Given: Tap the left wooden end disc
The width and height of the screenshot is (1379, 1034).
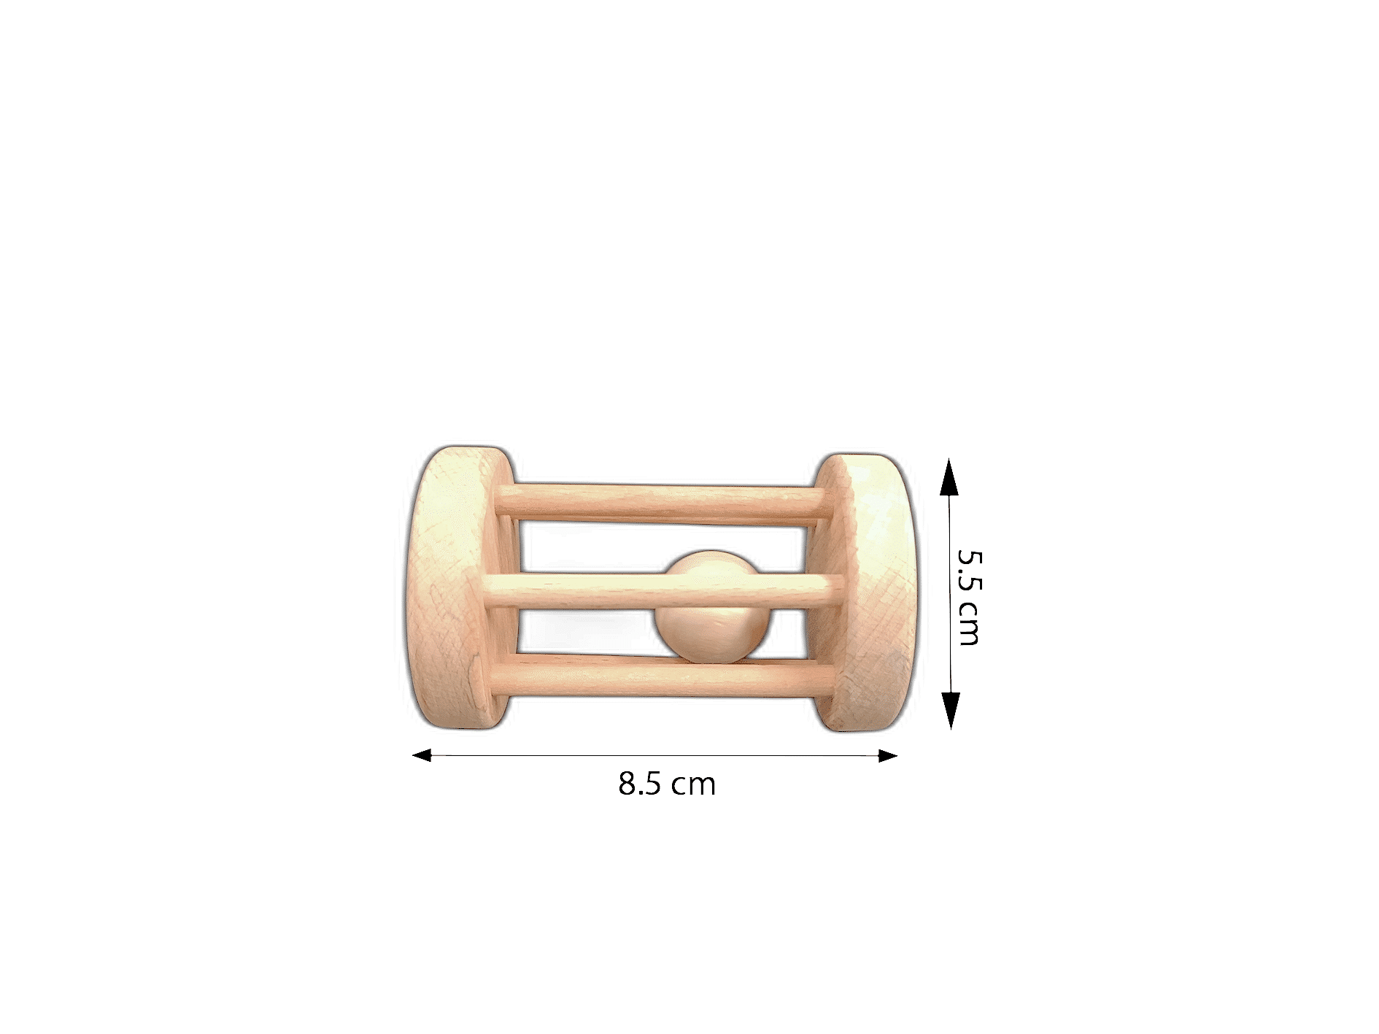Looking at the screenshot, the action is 458,587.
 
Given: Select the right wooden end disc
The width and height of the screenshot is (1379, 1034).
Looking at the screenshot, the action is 865,592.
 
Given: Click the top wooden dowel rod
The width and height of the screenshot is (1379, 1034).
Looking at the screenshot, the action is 664,503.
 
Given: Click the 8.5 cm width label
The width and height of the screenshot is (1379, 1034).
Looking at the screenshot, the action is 667,784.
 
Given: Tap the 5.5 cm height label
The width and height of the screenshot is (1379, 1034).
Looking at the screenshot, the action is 970,598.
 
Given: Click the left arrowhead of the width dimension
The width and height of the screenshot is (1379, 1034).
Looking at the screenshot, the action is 422,755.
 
